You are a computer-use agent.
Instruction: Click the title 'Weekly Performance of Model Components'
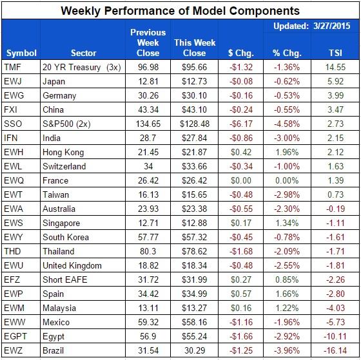pyautogui.click(x=180, y=10)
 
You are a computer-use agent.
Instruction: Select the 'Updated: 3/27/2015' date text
pyautogui.click(x=311, y=26)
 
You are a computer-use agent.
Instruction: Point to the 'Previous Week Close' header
pyautogui.click(x=148, y=43)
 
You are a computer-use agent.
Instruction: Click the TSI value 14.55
pyautogui.click(x=336, y=66)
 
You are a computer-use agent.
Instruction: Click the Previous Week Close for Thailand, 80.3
pyautogui.click(x=148, y=251)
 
